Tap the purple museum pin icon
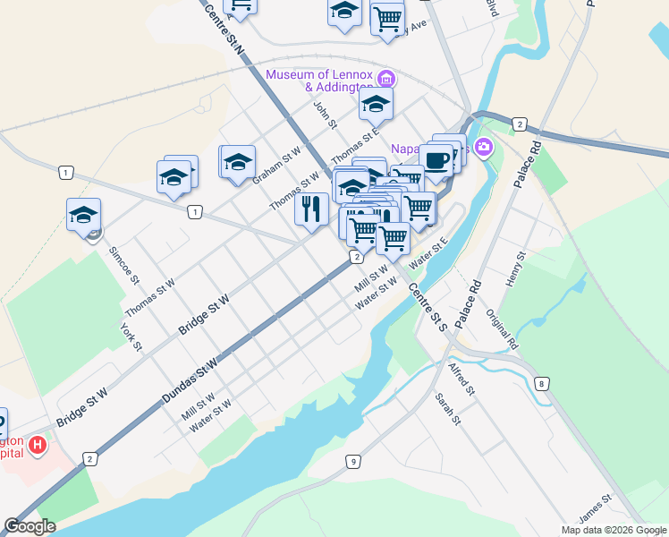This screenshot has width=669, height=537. [x=386, y=75]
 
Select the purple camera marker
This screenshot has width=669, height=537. [x=484, y=147]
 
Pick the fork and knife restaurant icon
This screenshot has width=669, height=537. [x=310, y=209]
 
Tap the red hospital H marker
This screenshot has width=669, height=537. [x=38, y=445]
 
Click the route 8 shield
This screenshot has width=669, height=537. [x=542, y=384]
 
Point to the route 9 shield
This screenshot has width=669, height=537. [x=354, y=462]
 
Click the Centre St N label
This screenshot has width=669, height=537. [x=224, y=29]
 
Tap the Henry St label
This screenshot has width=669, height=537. [x=512, y=269]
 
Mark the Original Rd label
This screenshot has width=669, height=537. [x=502, y=328]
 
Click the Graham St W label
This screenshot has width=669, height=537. [x=276, y=166]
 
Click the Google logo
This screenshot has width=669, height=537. [x=30, y=526]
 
